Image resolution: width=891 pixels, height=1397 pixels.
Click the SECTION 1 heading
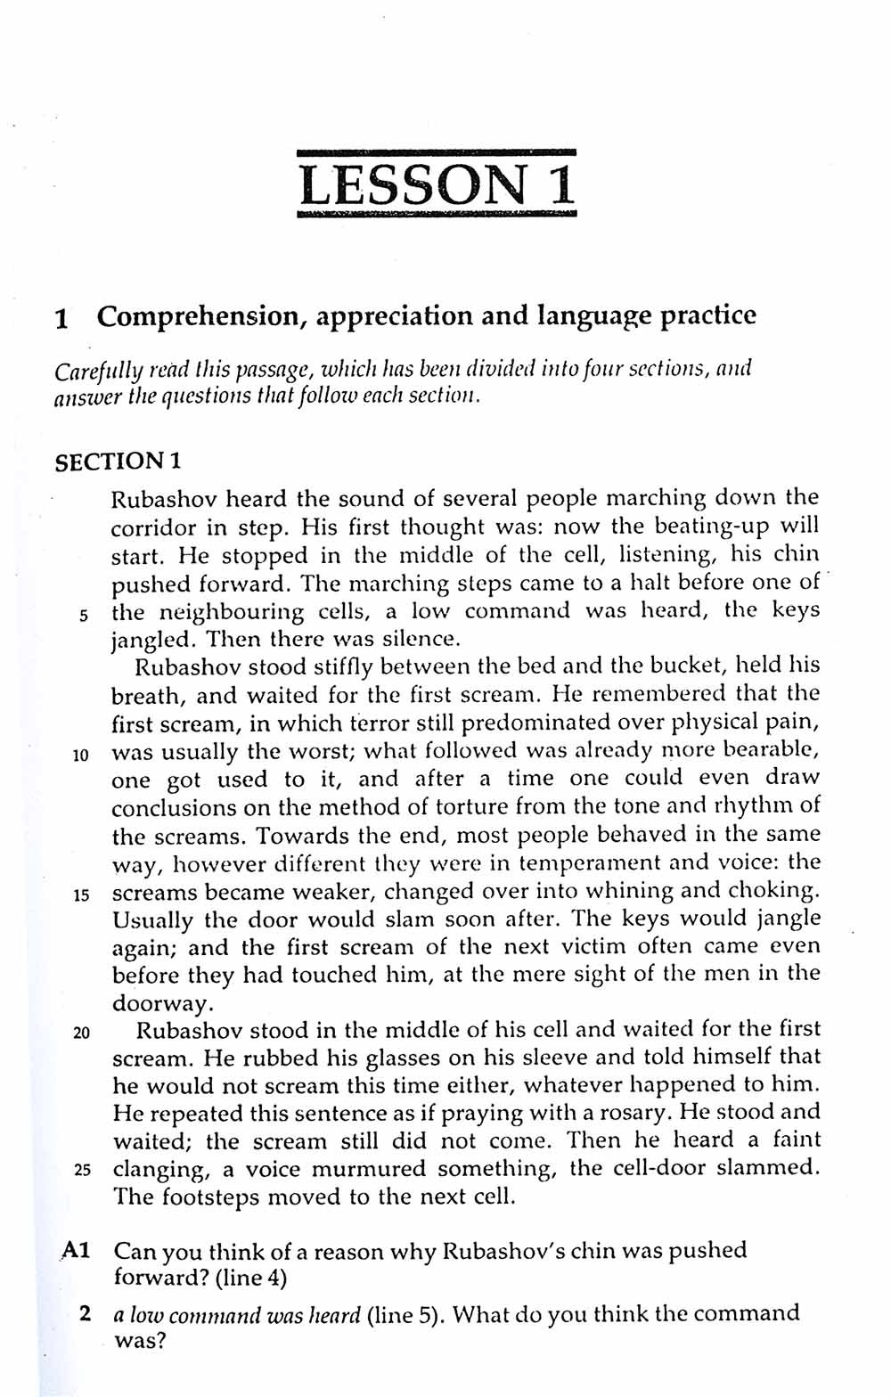click(119, 462)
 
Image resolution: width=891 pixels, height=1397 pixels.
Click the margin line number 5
click(83, 614)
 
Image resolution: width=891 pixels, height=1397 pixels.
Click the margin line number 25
click(82, 1170)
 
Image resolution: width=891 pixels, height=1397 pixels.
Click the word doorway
click(160, 1003)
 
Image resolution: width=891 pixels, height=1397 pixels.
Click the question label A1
click(76, 1250)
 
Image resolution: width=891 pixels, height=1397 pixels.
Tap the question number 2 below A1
click(85, 1312)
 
